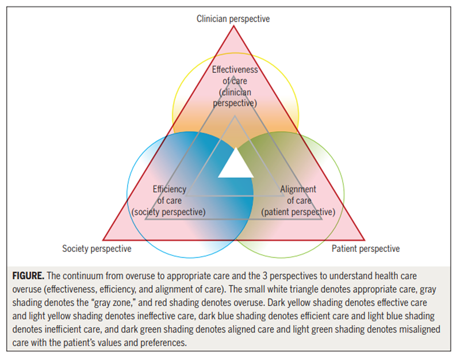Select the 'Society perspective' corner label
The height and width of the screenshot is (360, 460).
click(x=97, y=249)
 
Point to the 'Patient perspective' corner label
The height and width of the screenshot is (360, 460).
click(x=365, y=249)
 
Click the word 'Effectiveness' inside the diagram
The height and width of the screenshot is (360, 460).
click(x=235, y=70)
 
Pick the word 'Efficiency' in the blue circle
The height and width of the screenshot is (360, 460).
click(x=169, y=189)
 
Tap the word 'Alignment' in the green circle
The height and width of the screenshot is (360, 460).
click(x=298, y=189)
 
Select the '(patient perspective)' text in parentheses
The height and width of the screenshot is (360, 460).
click(x=298, y=212)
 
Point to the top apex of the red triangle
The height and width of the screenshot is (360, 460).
click(x=234, y=26)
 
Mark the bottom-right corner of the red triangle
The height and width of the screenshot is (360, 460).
click(x=365, y=239)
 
